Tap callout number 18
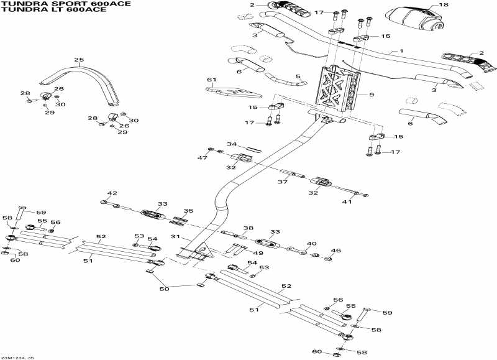pyautogui.click(x=443, y=5)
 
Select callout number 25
pyautogui.click(x=78, y=60)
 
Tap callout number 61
pyautogui.click(x=211, y=80)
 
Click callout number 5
pyautogui.click(x=298, y=76)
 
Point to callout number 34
pyautogui.click(x=232, y=144)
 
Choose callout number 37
pyautogui.click(x=282, y=182)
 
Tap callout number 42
pyautogui.click(x=112, y=193)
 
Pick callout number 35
pyautogui.click(x=189, y=211)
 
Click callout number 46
pyautogui.click(x=336, y=251)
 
